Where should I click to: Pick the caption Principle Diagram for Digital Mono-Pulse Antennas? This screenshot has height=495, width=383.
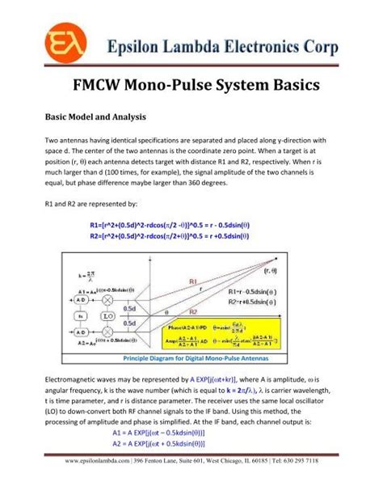191,357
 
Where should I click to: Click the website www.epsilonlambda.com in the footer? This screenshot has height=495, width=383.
88,483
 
